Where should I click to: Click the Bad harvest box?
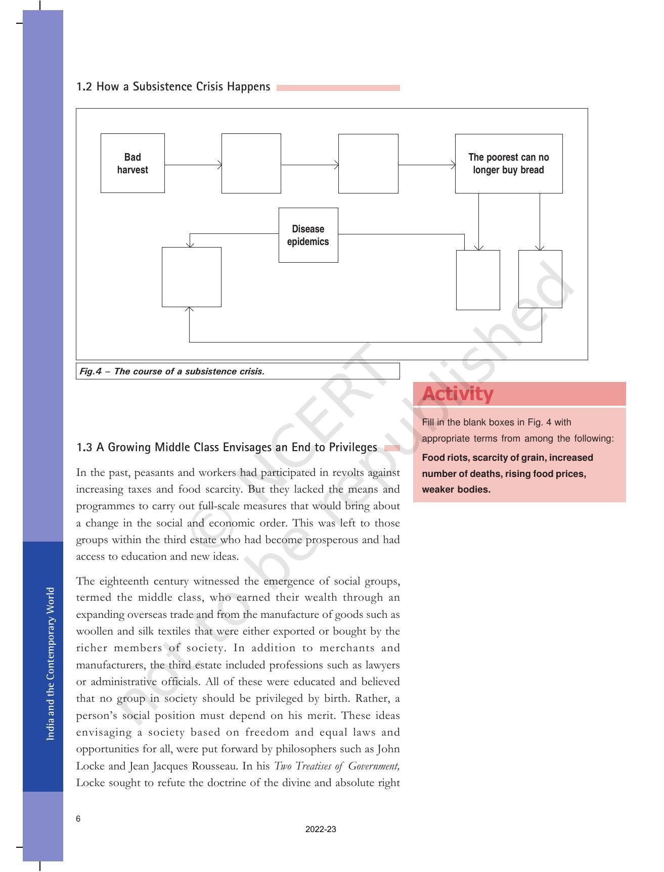click(x=132, y=163)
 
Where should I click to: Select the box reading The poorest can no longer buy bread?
click(x=508, y=163)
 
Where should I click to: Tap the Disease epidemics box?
click(x=308, y=235)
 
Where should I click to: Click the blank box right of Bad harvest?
click(x=251, y=163)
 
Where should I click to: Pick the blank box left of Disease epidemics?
click(x=191, y=277)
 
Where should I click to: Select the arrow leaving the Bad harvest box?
click(x=192, y=165)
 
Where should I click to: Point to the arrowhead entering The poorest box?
click(x=453, y=165)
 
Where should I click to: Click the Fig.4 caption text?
click(x=172, y=371)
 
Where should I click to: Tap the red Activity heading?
click(x=458, y=394)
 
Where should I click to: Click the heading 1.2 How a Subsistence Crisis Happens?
click(x=173, y=87)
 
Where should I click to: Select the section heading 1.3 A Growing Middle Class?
click(x=227, y=447)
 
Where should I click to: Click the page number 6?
click(x=78, y=818)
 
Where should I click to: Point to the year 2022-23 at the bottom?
click(x=321, y=829)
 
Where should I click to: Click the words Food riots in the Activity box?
click(x=444, y=458)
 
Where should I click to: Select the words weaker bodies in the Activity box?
click(x=456, y=489)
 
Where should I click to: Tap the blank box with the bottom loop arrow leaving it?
click(x=540, y=279)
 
